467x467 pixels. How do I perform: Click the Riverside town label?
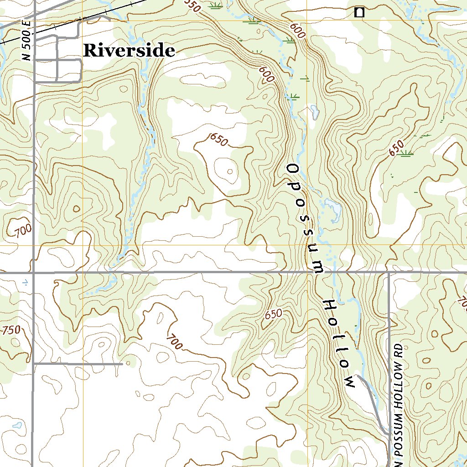tap(129, 51)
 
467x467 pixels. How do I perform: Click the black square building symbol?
tap(359, 13)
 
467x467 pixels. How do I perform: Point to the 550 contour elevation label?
tap(193, 5)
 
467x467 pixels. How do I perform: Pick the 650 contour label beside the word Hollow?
tap(274, 314)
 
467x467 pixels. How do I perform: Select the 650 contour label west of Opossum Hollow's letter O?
tap(219, 140)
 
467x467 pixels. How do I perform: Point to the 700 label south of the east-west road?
tap(175, 342)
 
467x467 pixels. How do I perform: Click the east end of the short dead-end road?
tap(122, 364)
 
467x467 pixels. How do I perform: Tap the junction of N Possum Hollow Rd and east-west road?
tap(389, 273)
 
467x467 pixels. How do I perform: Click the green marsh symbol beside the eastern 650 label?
tap(405, 154)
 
